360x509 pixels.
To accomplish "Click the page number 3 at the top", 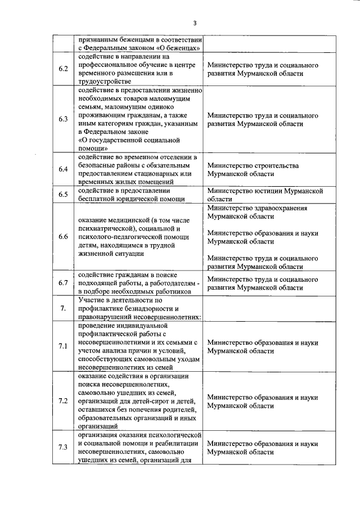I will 194,23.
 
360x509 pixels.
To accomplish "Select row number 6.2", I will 64,69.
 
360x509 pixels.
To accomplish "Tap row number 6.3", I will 64,119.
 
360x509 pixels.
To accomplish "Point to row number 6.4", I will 64,169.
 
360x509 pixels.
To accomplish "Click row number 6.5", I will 64,195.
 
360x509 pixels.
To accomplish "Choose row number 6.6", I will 64,237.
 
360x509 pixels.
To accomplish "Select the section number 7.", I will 64,308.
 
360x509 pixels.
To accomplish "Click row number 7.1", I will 64,346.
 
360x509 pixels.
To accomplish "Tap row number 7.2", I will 64,400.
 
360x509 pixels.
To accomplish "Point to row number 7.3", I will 64,447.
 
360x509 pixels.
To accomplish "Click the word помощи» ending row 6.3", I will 93,148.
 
